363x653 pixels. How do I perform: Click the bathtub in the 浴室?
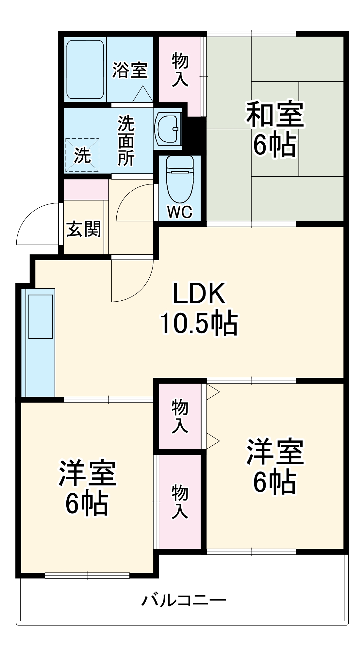[85, 70]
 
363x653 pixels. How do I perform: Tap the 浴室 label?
[130, 70]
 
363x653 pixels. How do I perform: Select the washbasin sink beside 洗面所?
[168, 129]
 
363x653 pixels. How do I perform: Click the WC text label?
[180, 212]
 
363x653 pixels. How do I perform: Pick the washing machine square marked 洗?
[82, 155]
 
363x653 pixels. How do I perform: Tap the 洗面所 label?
[126, 141]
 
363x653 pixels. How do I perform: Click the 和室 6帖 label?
[275, 129]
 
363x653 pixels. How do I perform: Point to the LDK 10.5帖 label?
[199, 308]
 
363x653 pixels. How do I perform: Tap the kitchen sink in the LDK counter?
[41, 316]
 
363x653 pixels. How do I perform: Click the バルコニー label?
[184, 600]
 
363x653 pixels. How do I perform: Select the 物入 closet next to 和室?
[180, 71]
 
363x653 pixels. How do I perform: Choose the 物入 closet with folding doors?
[180, 416]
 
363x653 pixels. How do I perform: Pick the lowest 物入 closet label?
[180, 502]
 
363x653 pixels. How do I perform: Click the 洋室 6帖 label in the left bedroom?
[87, 488]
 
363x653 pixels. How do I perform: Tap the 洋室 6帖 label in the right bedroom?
[275, 466]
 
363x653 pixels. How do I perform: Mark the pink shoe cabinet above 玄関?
[86, 190]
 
